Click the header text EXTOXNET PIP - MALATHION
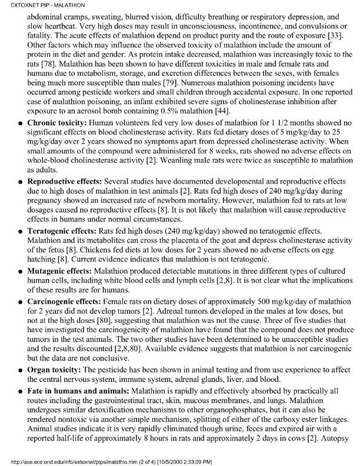point(36,5)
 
